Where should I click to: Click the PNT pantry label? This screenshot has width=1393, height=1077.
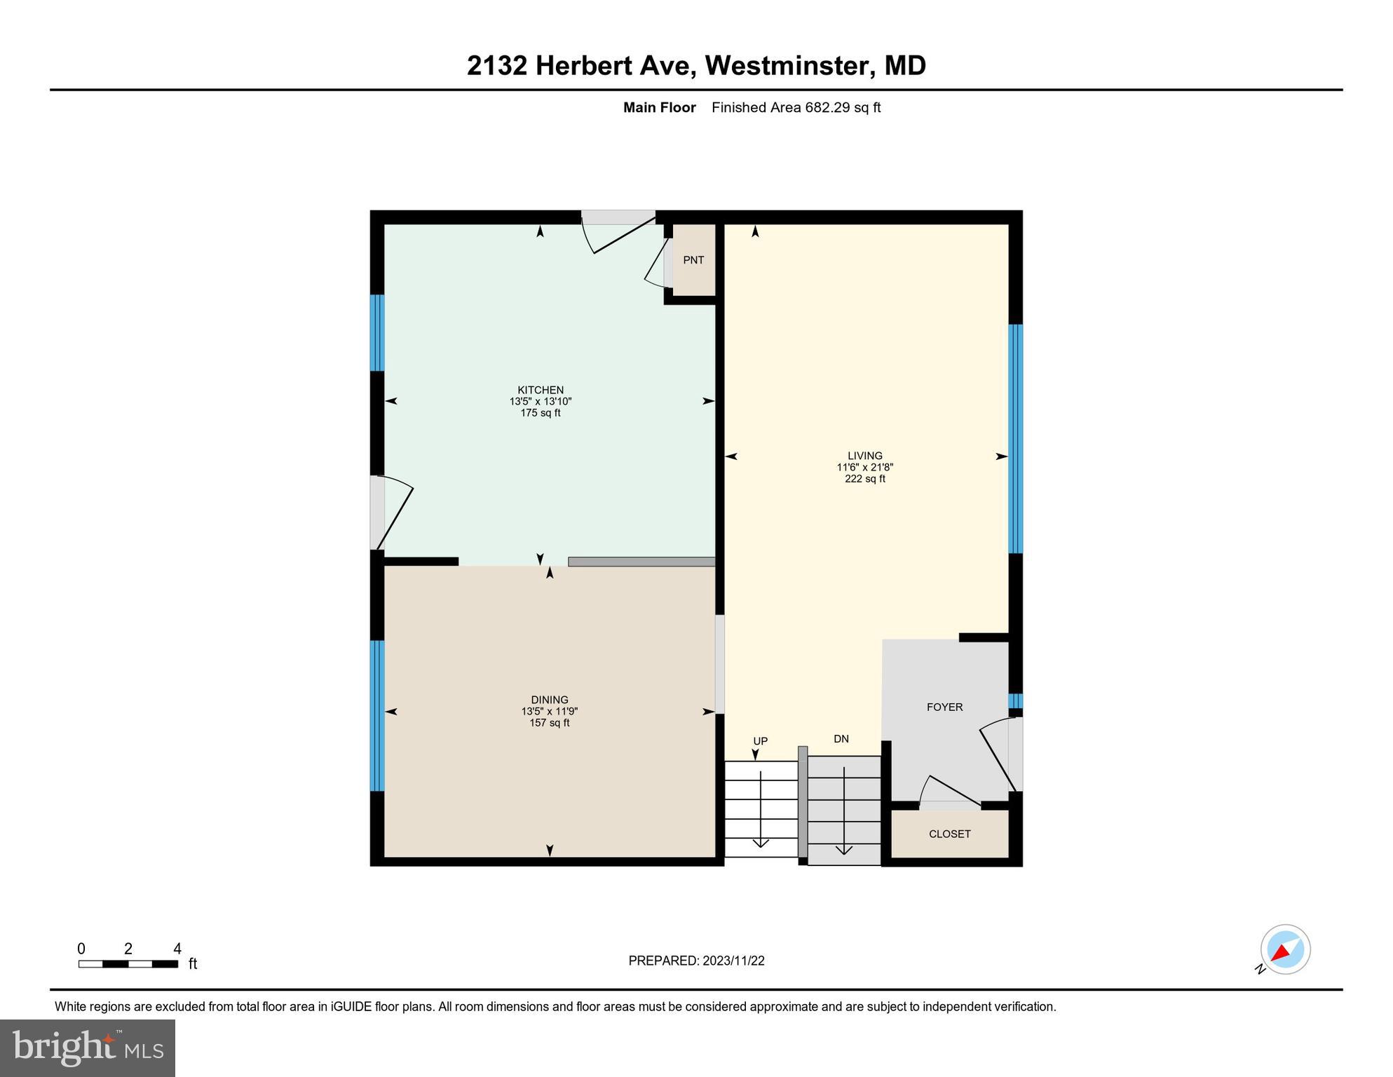click(x=693, y=260)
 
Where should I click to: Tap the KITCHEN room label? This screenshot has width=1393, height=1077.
click(x=541, y=391)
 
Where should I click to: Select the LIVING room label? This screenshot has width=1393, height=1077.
click(x=864, y=456)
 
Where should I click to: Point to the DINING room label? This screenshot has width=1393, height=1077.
click(x=550, y=700)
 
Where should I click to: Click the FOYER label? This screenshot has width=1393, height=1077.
click(x=944, y=707)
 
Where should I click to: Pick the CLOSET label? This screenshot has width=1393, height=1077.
click(x=949, y=834)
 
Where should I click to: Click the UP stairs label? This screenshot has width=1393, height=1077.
click(x=760, y=741)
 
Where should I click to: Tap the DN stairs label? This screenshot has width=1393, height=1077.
click(x=841, y=738)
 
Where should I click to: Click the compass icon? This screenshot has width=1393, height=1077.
click(x=1285, y=949)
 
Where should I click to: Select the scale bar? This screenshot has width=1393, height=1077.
click(x=128, y=964)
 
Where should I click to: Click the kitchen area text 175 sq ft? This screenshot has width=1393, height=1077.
click(x=541, y=413)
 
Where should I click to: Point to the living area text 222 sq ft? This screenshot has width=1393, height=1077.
click(x=864, y=479)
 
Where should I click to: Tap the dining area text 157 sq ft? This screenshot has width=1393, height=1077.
click(x=550, y=723)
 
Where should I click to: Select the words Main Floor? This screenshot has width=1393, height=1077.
click(x=659, y=107)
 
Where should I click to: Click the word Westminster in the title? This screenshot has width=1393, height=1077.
click(x=790, y=65)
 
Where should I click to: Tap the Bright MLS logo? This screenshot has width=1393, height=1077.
click(x=88, y=1048)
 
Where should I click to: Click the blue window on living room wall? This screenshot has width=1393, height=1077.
click(x=1015, y=438)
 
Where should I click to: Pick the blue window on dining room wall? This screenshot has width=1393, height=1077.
click(x=377, y=715)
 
